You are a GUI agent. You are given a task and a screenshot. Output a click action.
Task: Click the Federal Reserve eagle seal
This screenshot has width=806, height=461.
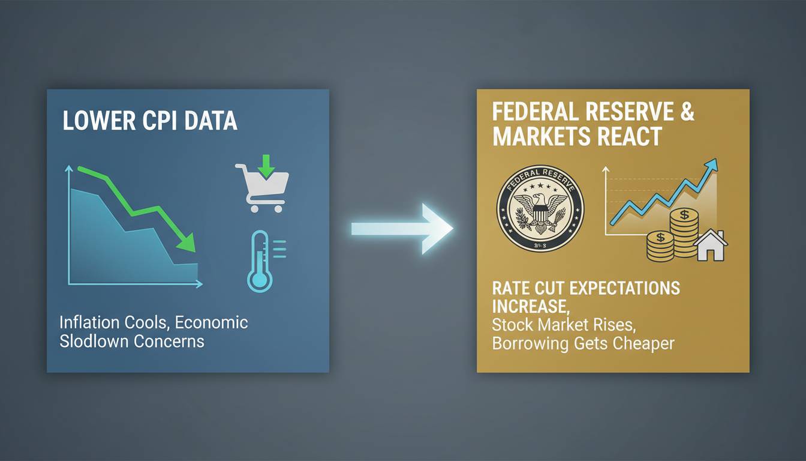click(540, 208)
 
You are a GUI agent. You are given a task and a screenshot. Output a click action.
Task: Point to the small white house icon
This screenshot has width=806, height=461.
click(711, 246)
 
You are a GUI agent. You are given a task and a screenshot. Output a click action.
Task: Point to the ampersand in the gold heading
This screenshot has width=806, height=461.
click(686, 113)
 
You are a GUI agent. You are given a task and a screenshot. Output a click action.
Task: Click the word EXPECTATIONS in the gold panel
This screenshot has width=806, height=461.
click(624, 288)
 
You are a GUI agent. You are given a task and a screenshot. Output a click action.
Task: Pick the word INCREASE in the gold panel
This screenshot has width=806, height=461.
click(529, 307)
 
